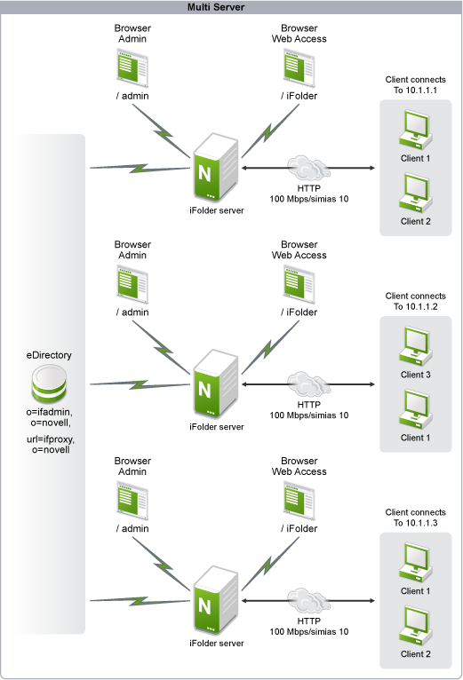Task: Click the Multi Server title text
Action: point(216,7)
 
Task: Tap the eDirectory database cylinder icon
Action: point(49,383)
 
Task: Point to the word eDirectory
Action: point(49,355)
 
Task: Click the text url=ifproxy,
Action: point(51,439)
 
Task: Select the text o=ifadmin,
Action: point(50,412)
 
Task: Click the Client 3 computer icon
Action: point(416,346)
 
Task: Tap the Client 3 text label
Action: point(416,375)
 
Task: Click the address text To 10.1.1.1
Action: point(415,91)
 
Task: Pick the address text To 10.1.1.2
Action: point(415,306)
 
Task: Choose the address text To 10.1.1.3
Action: point(415,523)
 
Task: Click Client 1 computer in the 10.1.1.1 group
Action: point(416,130)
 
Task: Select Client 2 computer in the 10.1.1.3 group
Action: point(416,626)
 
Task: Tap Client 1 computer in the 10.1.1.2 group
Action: point(416,409)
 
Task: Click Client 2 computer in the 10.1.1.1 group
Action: point(416,193)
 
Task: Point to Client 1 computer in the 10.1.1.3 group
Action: point(416,563)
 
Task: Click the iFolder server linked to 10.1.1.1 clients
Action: point(216,168)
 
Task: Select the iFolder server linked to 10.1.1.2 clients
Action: point(216,384)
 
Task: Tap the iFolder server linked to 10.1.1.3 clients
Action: point(216,601)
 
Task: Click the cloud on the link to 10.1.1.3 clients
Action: point(308,600)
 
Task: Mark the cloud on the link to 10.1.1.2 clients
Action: point(308,383)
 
